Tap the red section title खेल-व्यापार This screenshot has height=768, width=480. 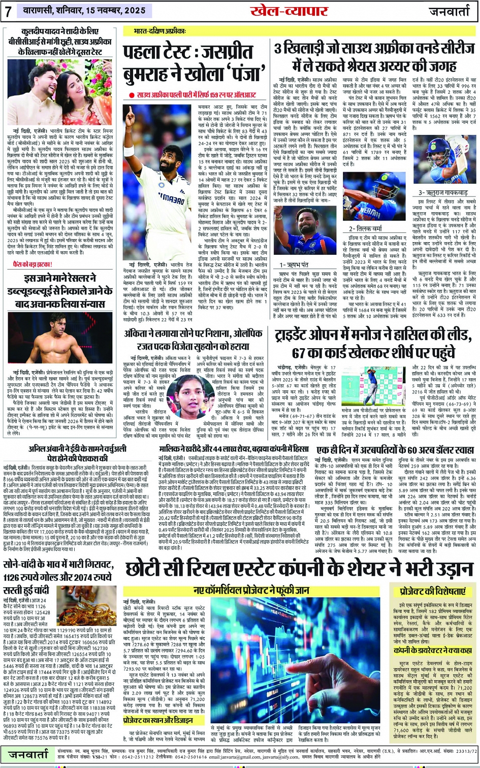tap(289, 11)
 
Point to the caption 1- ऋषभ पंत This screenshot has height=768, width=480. tap(294, 264)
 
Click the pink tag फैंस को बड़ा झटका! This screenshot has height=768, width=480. tap(33, 264)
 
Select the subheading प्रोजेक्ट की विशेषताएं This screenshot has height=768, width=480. tap(432, 592)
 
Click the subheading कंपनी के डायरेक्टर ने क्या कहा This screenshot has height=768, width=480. tap(433, 650)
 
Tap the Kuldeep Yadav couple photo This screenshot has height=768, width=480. tap(60, 92)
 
